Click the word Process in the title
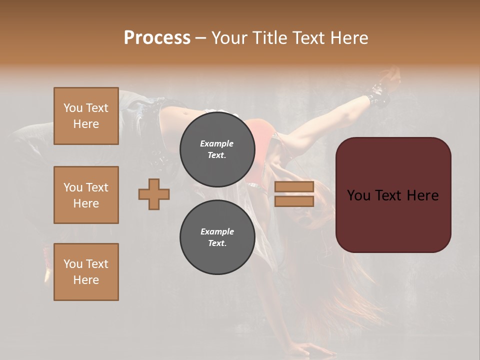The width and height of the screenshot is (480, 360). pyautogui.click(x=157, y=38)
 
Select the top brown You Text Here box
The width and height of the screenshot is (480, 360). pyautogui.click(x=86, y=116)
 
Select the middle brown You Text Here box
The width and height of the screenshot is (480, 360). pyautogui.click(x=86, y=195)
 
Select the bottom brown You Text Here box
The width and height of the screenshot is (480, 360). pyautogui.click(x=86, y=272)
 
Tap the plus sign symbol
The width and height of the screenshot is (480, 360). pyautogui.click(x=154, y=194)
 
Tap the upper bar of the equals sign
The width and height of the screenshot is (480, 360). pyautogui.click(x=294, y=187)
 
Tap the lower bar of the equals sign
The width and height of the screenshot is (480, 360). pyautogui.click(x=294, y=201)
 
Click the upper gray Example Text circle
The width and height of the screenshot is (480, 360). pyautogui.click(x=217, y=149)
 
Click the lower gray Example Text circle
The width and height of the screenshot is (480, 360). pyautogui.click(x=217, y=237)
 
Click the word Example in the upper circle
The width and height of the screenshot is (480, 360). pyautogui.click(x=217, y=143)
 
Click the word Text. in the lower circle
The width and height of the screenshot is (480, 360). pyautogui.click(x=217, y=243)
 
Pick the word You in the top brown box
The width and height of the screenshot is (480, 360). pyautogui.click(x=73, y=108)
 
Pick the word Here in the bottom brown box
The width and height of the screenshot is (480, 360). pyautogui.click(x=86, y=280)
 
